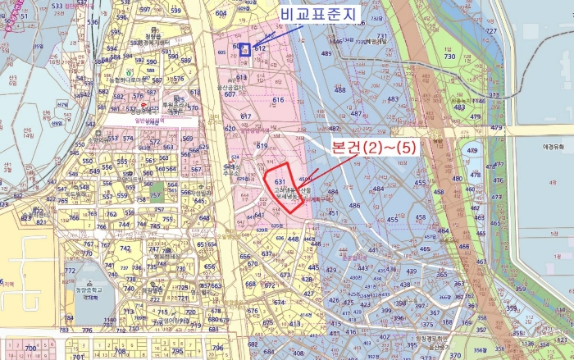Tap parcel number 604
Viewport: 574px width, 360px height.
tap(221, 14)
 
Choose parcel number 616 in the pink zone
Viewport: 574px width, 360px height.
tap(278, 100)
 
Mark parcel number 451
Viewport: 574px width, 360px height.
tap(333, 214)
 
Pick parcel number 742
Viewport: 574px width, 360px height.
tap(125, 248)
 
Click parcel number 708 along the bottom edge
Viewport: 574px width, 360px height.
tap(121, 350)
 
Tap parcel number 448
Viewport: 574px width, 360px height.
tap(293, 239)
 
